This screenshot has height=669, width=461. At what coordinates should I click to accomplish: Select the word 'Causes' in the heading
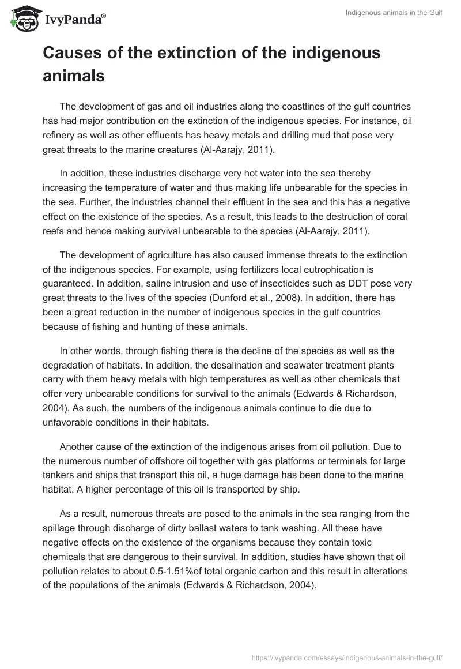(71, 54)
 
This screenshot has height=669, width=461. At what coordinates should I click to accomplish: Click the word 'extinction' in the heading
(205, 54)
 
